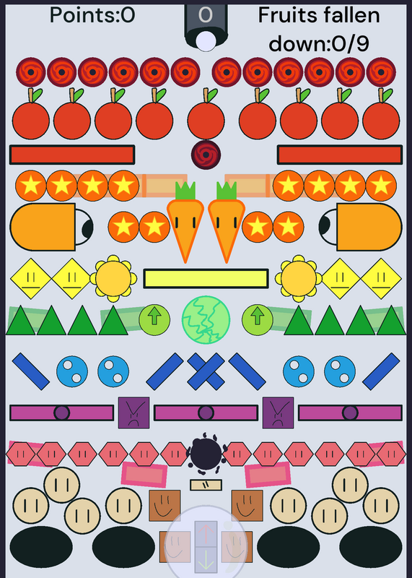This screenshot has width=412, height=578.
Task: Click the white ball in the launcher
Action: pyautogui.click(x=206, y=41)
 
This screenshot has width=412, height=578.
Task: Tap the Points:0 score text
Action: pyautogui.click(x=92, y=15)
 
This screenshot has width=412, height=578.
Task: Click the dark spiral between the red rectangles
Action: pyautogui.click(x=206, y=155)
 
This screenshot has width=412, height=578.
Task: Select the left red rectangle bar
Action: pyautogui.click(x=72, y=155)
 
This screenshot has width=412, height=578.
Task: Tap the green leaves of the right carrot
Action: pyautogui.click(x=227, y=191)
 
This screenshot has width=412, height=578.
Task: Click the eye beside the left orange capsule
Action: pyautogui.click(x=84, y=227)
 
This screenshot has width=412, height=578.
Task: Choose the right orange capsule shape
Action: pyautogui.click(x=369, y=227)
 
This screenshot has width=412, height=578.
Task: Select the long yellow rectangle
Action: pyautogui.click(x=206, y=279)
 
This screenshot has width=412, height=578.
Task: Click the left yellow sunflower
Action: pyautogui.click(x=113, y=278)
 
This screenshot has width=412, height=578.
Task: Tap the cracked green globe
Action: pyautogui.click(x=206, y=320)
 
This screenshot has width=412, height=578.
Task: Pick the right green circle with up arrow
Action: pyautogui.click(x=258, y=320)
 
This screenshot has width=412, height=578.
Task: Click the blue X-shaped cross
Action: pyautogui.click(x=206, y=371)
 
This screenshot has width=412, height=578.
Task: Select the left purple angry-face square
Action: pyautogui.click(x=133, y=413)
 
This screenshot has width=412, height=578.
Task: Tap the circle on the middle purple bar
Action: pyautogui.click(x=206, y=413)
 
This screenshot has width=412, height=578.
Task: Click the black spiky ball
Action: pyautogui.click(x=206, y=454)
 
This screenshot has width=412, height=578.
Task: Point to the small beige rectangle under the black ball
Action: pyautogui.click(x=206, y=485)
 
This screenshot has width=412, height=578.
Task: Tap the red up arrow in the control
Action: pyautogui.click(x=206, y=533)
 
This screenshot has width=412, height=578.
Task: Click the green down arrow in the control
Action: pyautogui.click(x=206, y=560)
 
